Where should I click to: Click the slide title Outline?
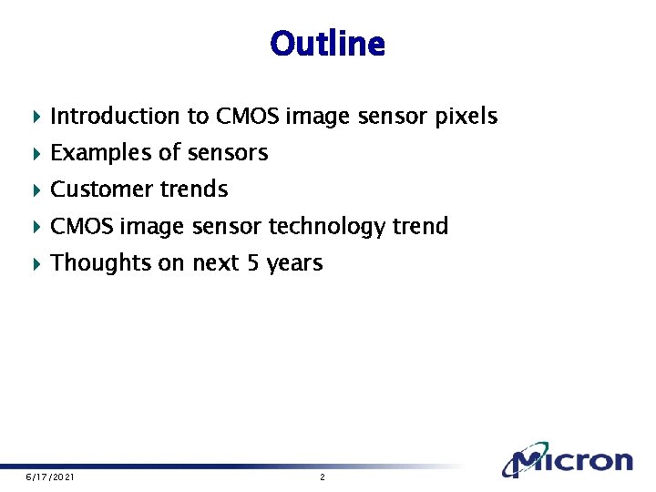[327, 44]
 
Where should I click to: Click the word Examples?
[102, 153]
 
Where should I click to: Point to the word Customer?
[102, 190]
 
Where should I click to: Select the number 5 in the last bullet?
[251, 263]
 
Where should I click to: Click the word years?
[295, 264]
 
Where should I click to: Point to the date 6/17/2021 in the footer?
[50, 477]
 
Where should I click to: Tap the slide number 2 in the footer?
[322, 477]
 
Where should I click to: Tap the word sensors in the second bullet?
[240, 153]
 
